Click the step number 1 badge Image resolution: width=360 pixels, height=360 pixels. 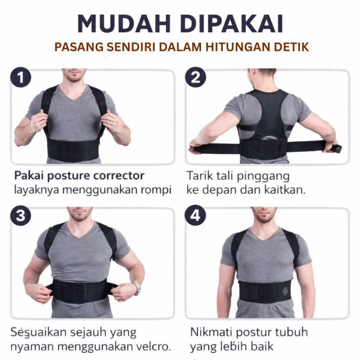pyautogui.click(x=21, y=77)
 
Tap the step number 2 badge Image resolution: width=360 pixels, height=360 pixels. pyautogui.click(x=196, y=77)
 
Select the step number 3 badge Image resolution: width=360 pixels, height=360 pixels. pyautogui.click(x=21, y=216)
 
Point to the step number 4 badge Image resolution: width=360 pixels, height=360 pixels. pyautogui.click(x=196, y=216)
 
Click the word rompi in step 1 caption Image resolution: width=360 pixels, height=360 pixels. pyautogui.click(x=159, y=190)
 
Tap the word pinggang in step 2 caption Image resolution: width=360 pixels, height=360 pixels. pyautogui.click(x=263, y=177)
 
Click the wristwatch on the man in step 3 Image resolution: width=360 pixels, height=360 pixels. pyautogui.click(x=136, y=288)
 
